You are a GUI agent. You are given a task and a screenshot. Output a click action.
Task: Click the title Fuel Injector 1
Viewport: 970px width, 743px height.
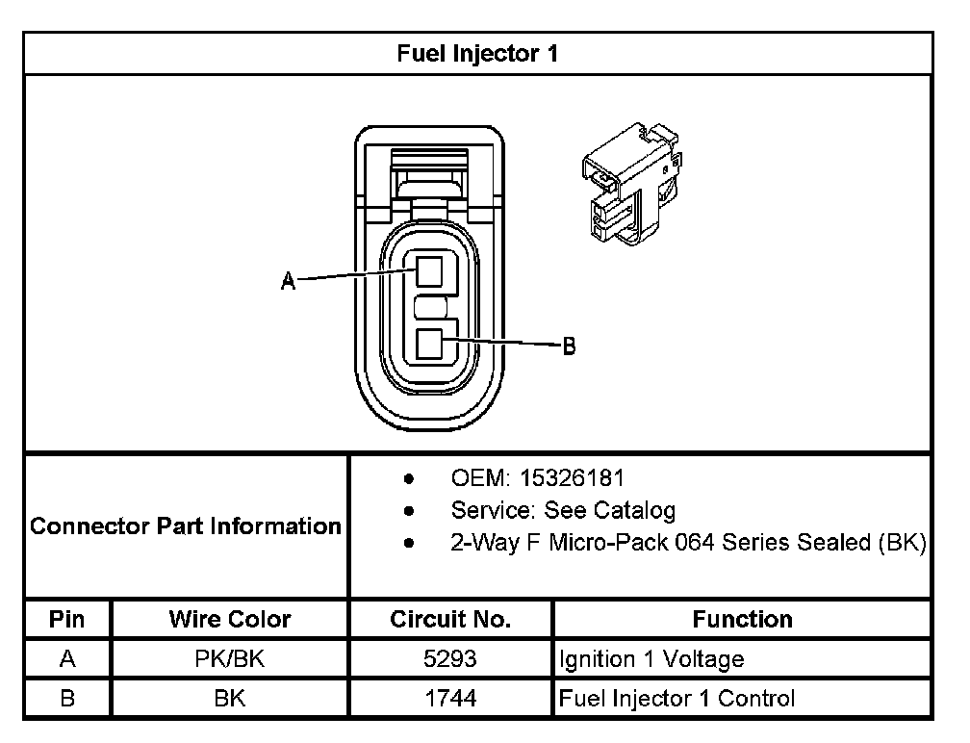click(x=477, y=54)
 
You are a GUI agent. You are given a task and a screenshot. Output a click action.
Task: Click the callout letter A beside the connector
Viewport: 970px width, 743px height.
click(x=287, y=281)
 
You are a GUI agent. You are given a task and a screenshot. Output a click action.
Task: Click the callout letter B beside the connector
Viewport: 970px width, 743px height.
click(x=569, y=346)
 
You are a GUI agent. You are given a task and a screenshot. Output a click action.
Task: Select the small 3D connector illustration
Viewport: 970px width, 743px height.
click(x=630, y=183)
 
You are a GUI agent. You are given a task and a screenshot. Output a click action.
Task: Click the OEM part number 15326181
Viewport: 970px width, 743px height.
click(x=573, y=477)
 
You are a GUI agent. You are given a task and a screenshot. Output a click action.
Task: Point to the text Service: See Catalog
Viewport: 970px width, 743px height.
click(x=563, y=509)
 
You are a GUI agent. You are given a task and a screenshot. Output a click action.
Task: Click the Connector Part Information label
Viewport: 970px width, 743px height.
click(x=186, y=526)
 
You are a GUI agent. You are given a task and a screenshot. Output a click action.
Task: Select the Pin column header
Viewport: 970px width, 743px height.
click(x=67, y=619)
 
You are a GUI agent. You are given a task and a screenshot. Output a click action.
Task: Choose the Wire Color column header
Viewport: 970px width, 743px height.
click(x=230, y=619)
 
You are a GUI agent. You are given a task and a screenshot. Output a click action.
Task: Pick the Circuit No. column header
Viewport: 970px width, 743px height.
click(x=450, y=619)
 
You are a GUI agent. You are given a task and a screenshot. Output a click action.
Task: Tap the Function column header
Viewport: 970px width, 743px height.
click(x=742, y=619)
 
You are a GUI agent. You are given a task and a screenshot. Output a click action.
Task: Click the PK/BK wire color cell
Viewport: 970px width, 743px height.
click(x=230, y=659)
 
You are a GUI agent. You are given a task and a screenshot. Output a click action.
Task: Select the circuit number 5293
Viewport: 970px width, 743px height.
click(x=450, y=659)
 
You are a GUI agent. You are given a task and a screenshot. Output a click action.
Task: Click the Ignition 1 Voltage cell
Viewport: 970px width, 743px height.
click(x=651, y=659)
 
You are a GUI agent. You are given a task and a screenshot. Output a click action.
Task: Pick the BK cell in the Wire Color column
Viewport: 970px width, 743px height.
click(x=230, y=699)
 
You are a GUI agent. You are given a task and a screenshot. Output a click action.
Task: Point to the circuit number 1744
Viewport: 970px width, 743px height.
click(x=450, y=699)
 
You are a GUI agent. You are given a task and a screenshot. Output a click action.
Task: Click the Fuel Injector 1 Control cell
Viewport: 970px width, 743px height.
click(x=676, y=699)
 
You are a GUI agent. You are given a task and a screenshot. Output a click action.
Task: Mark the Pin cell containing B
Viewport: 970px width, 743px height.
click(x=67, y=699)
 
